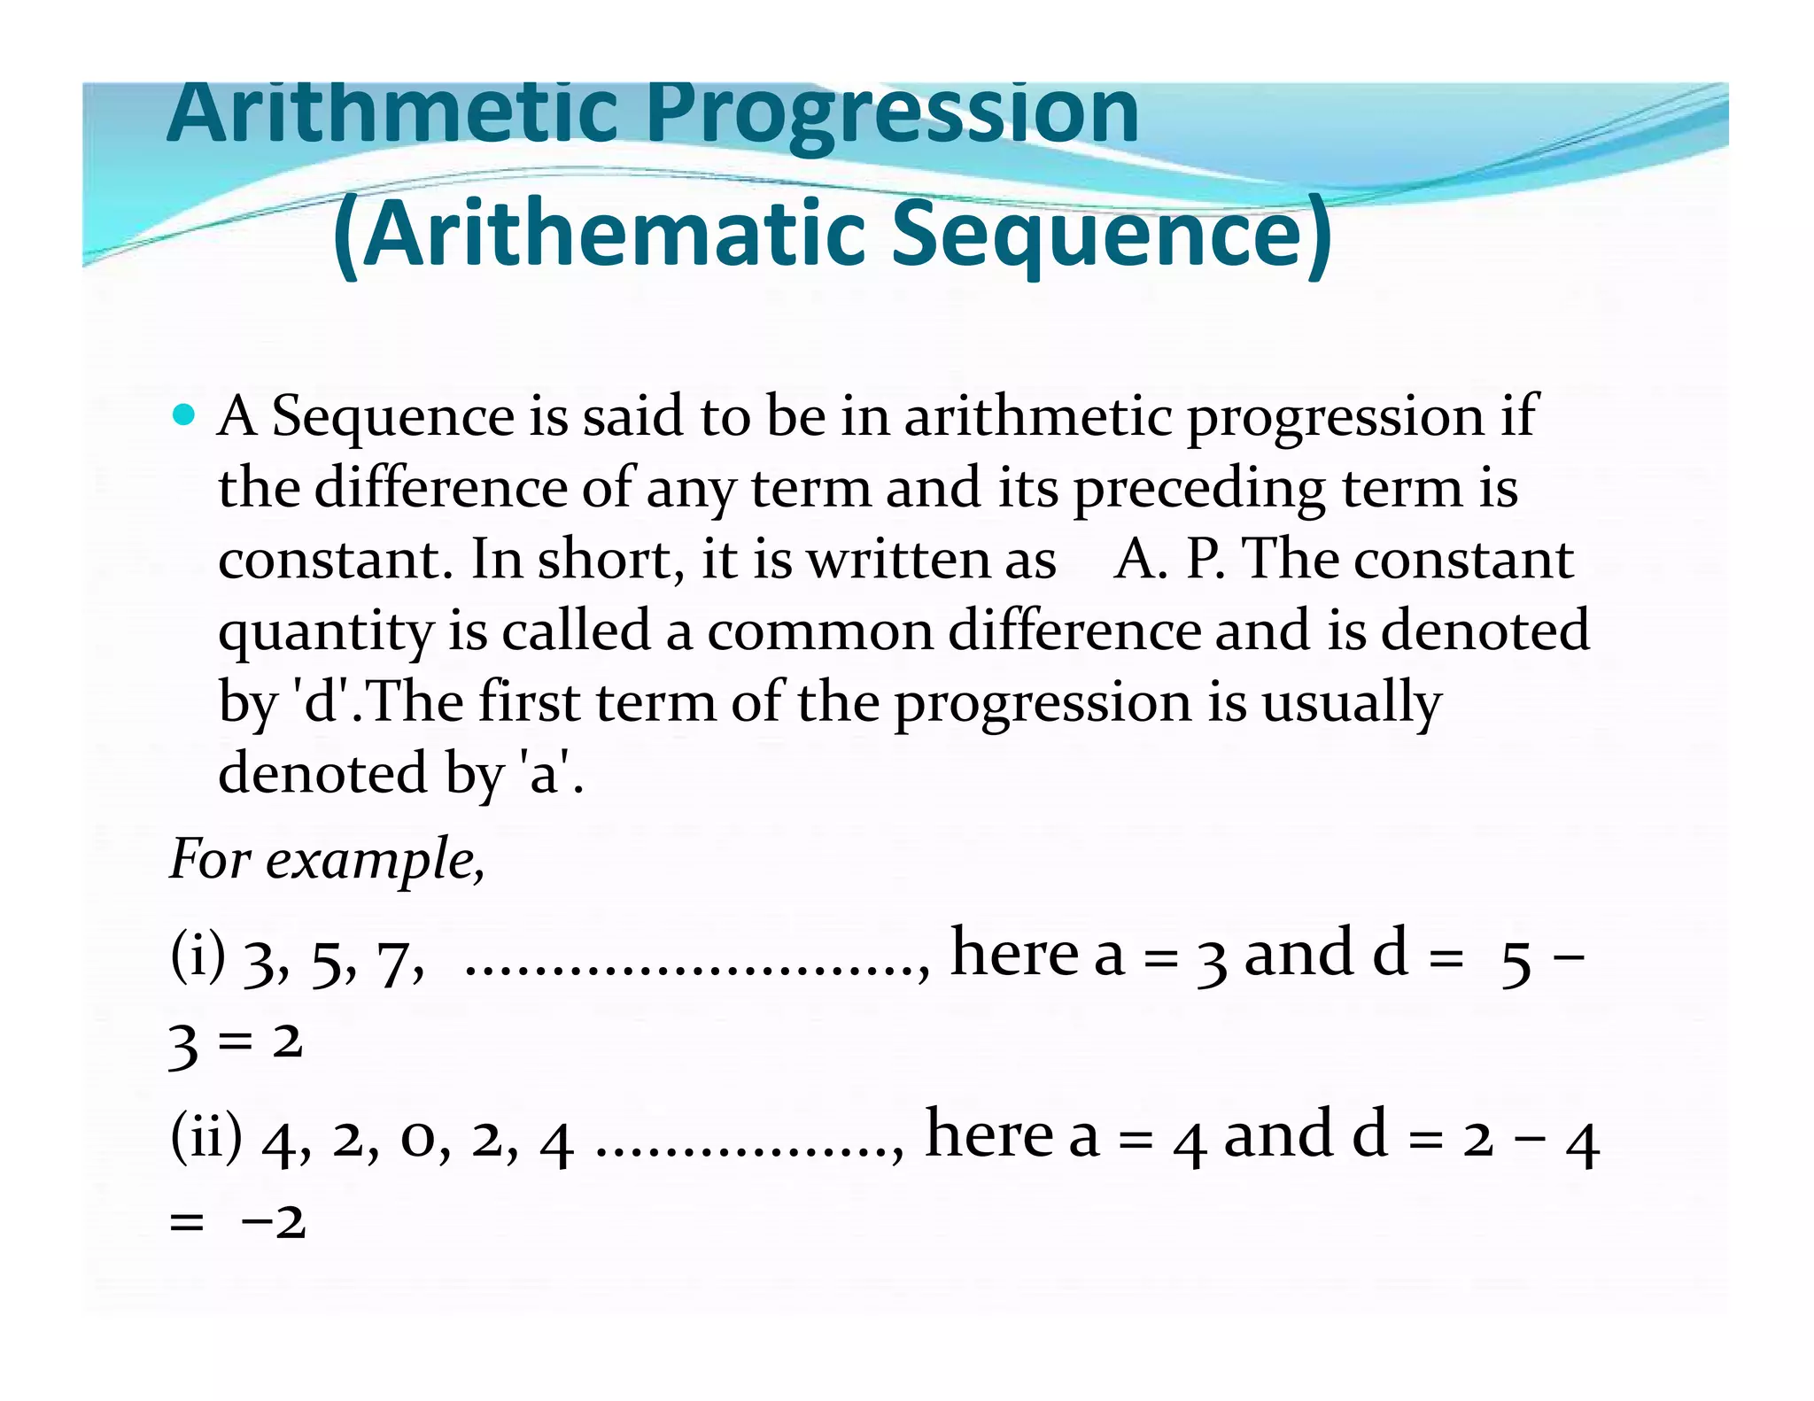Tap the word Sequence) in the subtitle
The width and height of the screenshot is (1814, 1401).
[1111, 234]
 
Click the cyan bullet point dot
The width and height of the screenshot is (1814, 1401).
[183, 413]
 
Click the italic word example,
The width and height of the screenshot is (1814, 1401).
[376, 859]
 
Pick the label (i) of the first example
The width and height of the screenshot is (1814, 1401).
[198, 956]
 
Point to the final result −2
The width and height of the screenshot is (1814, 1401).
[273, 1222]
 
